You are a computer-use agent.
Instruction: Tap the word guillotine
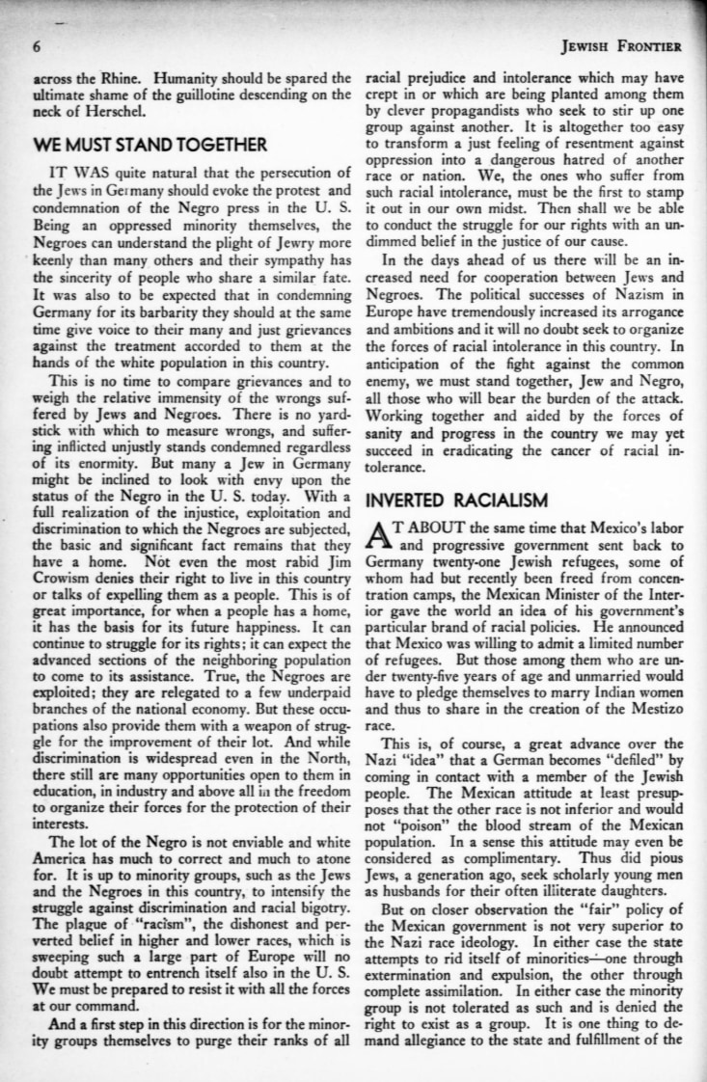208,93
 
